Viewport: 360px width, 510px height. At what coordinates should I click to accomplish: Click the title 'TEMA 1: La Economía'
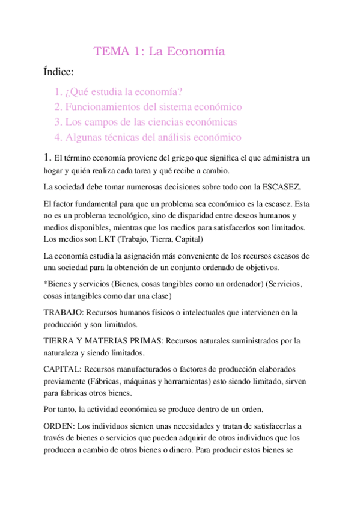click(x=159, y=52)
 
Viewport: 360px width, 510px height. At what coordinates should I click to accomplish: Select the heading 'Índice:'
click(x=59, y=72)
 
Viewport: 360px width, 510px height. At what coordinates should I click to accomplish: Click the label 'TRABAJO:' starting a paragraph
click(x=63, y=313)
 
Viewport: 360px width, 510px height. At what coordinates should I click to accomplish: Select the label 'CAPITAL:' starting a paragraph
click(x=63, y=369)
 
